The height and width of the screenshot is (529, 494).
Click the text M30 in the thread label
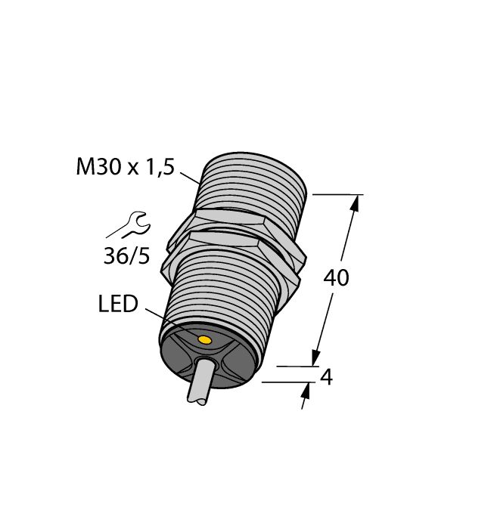pyautogui.click(x=98, y=167)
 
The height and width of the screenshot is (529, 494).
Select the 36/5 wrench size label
pyautogui.click(x=126, y=257)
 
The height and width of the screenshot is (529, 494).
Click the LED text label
pyautogui.click(x=118, y=305)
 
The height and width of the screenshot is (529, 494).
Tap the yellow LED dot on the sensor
pyautogui.click(x=204, y=342)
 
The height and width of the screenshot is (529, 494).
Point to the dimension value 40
pyautogui.click(x=336, y=278)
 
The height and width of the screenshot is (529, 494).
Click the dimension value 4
pyautogui.click(x=327, y=376)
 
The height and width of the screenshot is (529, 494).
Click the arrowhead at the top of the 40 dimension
pyautogui.click(x=354, y=201)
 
